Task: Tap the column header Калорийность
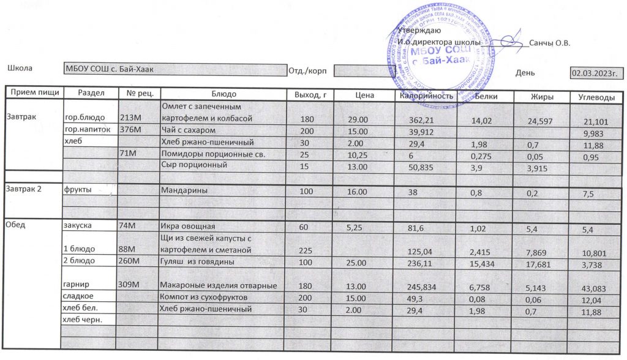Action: (x=426, y=97)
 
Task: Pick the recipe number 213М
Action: (x=131, y=118)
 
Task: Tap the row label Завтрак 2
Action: (x=24, y=189)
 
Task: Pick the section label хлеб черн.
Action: (x=81, y=320)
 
